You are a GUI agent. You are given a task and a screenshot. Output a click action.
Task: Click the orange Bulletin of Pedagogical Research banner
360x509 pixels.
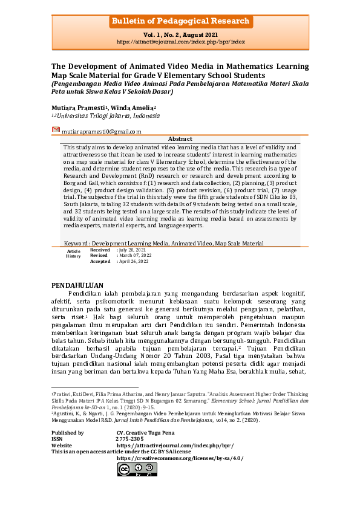[180, 22]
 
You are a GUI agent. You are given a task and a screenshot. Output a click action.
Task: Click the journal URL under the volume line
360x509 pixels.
[180, 42]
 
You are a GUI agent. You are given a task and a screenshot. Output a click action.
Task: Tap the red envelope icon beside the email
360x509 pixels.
[56, 130]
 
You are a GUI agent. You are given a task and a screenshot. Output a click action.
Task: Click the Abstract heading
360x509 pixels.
[180, 139]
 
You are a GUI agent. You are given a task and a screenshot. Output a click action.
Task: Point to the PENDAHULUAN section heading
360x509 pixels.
[77, 285]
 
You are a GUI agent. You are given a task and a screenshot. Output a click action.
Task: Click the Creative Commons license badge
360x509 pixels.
[137, 469]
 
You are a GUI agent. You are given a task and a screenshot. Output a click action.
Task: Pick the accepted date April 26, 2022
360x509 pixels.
[134, 261]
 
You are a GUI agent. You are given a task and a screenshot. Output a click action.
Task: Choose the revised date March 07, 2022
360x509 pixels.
[135, 255]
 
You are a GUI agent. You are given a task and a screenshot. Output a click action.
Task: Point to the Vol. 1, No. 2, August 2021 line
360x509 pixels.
[180, 36]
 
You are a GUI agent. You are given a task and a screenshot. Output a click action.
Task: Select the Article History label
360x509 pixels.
[73, 253]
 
